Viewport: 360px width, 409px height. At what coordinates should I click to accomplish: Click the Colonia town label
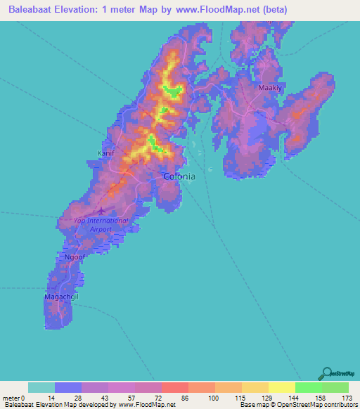click(179, 177)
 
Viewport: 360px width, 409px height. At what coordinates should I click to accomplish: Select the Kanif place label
click(105, 152)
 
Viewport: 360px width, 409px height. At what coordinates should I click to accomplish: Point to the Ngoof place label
click(74, 258)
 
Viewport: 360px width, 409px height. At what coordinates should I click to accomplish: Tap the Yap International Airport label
click(101, 224)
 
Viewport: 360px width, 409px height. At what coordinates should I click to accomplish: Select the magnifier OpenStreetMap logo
click(326, 373)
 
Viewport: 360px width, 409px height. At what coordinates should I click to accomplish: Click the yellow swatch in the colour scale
click(281, 388)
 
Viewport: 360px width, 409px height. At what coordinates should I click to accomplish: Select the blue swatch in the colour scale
click(68, 388)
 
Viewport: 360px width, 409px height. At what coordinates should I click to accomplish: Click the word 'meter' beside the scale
click(12, 398)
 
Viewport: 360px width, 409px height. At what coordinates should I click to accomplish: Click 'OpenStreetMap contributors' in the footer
click(318, 405)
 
